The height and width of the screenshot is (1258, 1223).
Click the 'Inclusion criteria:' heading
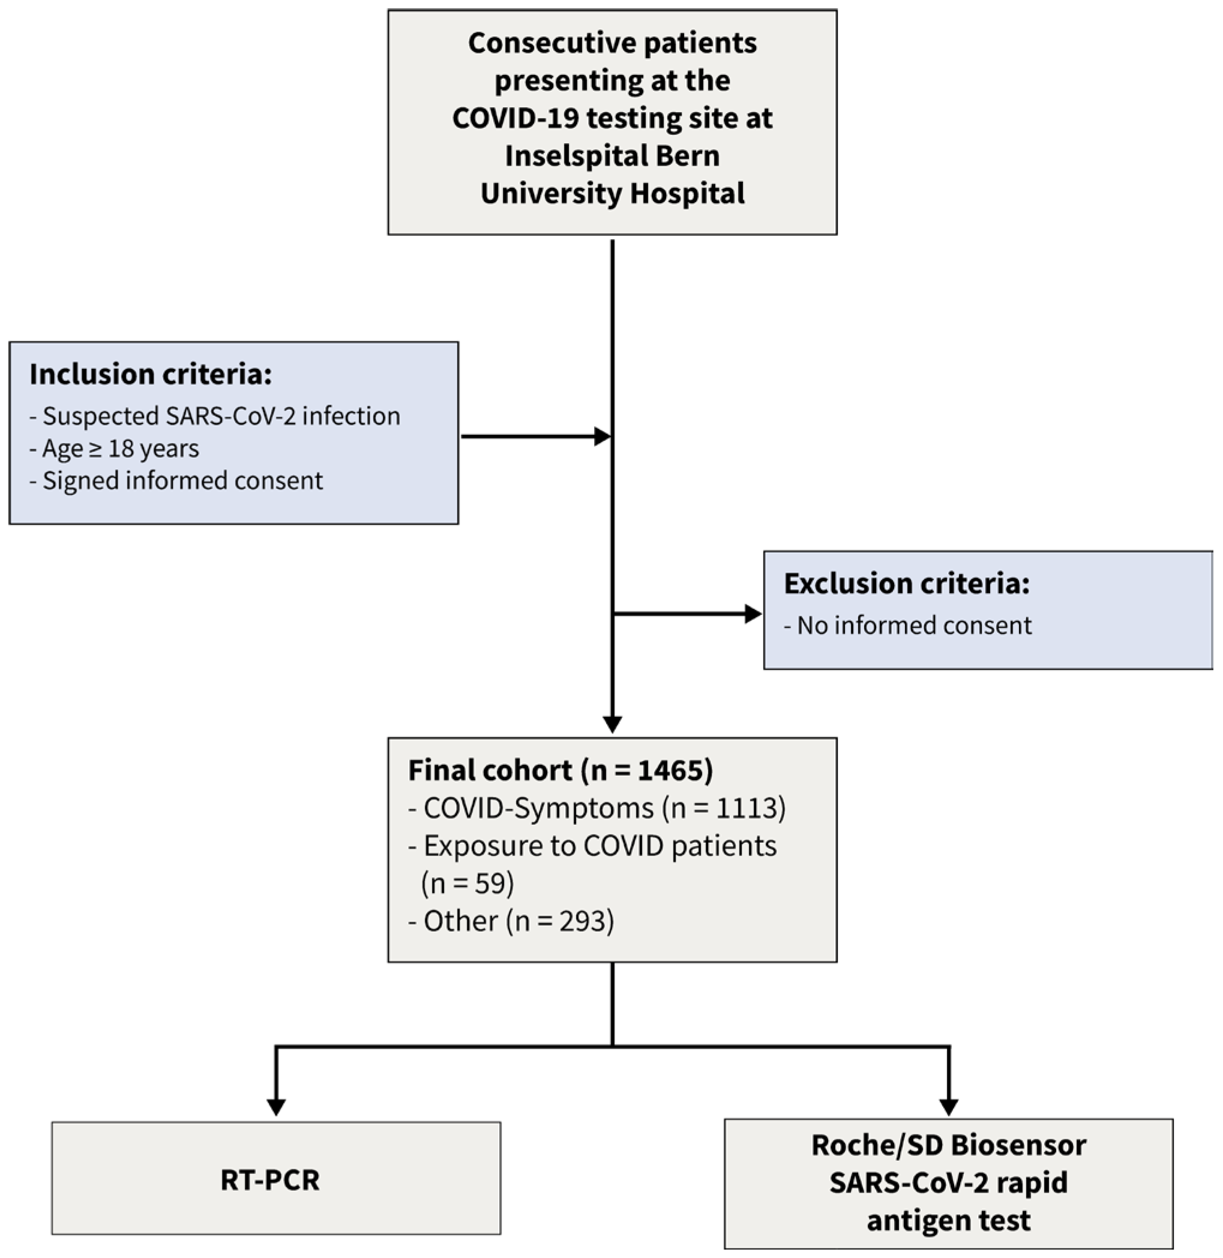tap(150, 374)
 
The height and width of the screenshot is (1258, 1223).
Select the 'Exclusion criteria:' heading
tap(906, 584)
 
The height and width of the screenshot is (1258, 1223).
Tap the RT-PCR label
tap(270, 1180)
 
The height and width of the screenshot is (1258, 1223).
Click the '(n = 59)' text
tap(467, 884)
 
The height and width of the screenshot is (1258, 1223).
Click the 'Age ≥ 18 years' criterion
tap(115, 449)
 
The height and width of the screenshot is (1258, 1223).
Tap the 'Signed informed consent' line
tap(176, 481)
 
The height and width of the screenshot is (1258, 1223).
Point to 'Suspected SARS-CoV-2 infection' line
tap(215, 416)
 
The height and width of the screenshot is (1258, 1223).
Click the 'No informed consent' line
tap(907, 626)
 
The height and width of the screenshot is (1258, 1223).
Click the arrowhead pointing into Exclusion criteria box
tap(753, 614)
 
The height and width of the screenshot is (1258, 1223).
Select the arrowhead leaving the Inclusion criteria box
tap(602, 437)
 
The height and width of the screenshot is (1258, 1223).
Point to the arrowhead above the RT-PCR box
tap(276, 1106)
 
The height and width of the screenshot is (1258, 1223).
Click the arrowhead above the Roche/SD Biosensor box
tap(949, 1106)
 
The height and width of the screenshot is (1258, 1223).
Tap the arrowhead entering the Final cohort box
tap(612, 723)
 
